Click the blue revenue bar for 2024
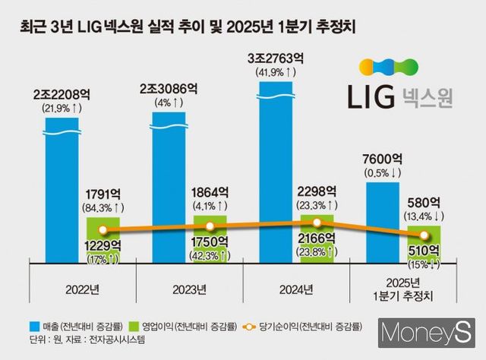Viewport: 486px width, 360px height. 281,175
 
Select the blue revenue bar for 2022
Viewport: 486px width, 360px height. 65,190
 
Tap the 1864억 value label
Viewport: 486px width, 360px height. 210,191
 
